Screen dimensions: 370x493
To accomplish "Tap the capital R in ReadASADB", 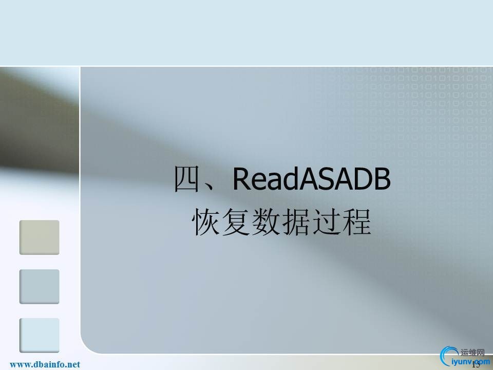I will [x=242, y=179].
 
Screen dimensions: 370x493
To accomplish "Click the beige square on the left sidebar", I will [x=40, y=237].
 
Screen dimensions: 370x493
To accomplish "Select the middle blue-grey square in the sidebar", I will [x=40, y=286].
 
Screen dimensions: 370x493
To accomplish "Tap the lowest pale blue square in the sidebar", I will [x=40, y=335].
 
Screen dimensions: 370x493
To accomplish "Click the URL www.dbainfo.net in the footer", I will [x=45, y=364].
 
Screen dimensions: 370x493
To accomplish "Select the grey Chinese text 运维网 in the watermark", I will [x=473, y=353].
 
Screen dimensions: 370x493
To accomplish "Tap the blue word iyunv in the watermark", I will [x=460, y=361].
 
